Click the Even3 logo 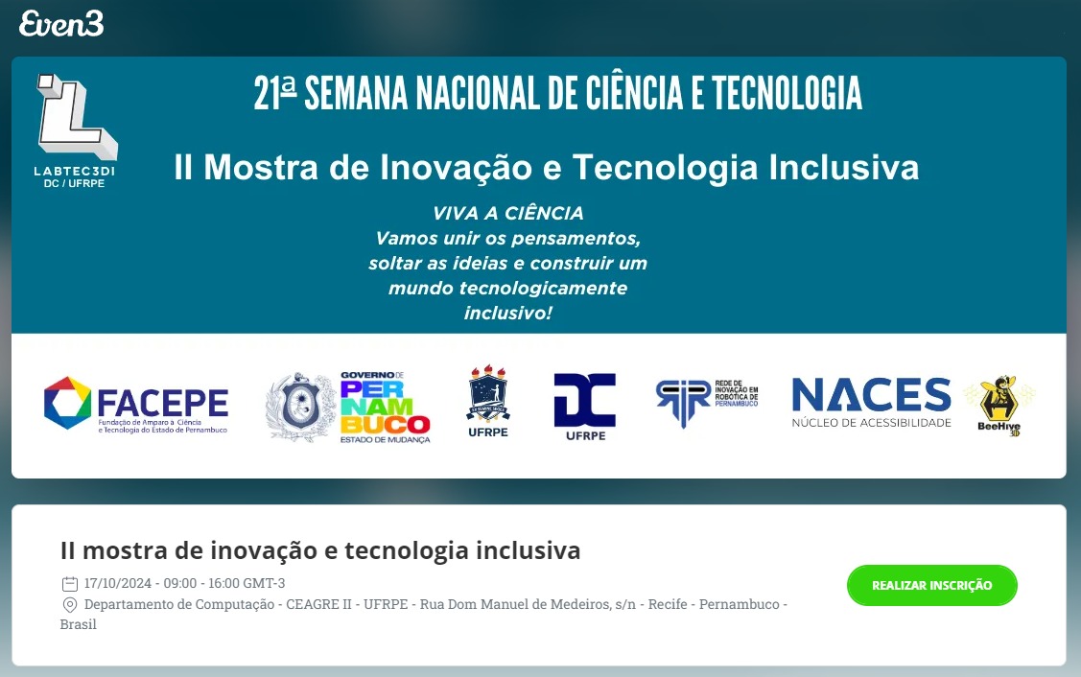click(x=61, y=24)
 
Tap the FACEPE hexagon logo click(x=67, y=403)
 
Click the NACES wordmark click(x=871, y=395)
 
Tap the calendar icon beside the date click(x=69, y=583)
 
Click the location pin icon click(x=69, y=605)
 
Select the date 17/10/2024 click(x=119, y=583)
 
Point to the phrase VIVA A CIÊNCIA click(x=508, y=213)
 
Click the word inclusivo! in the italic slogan click(x=508, y=313)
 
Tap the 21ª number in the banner click(x=275, y=93)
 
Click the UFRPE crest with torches click(x=488, y=401)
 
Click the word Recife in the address click(x=669, y=605)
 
